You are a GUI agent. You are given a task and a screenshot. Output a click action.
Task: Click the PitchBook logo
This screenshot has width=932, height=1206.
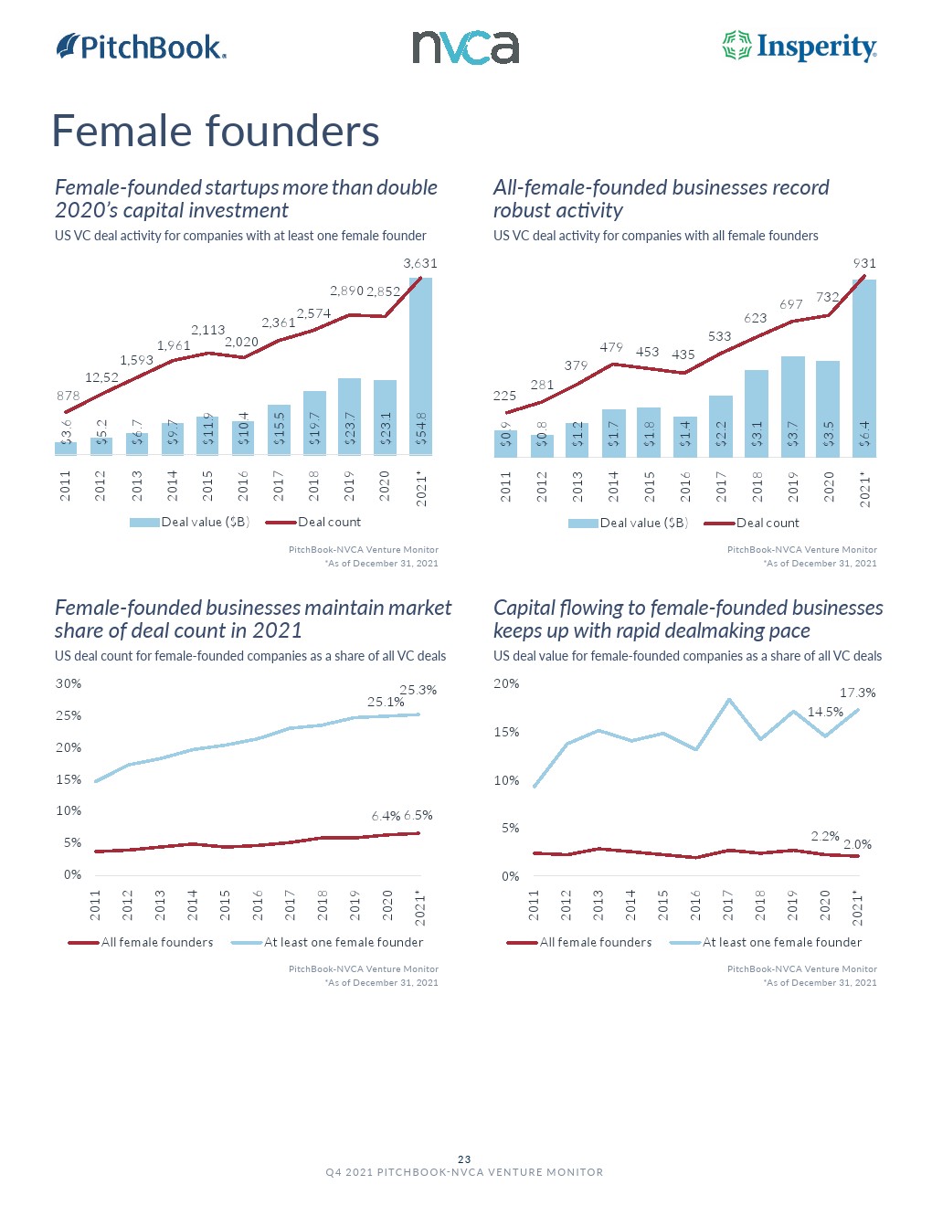coord(142,47)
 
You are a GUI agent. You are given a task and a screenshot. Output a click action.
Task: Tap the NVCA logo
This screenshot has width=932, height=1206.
coord(465,48)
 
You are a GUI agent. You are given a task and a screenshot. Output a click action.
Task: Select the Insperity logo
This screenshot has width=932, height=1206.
coord(800,47)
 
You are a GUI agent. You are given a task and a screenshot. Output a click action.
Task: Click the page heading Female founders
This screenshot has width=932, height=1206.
coord(216,131)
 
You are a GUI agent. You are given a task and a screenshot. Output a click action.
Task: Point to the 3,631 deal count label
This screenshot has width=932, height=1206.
coord(420,263)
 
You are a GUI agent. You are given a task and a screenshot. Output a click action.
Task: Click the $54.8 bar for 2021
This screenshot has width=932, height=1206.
coord(420,365)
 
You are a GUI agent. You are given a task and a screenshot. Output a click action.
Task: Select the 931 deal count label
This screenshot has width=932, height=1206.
coord(864,263)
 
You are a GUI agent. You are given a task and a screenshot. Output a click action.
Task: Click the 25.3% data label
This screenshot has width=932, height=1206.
coord(418,690)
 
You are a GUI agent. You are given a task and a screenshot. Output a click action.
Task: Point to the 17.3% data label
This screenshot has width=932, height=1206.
coord(857,693)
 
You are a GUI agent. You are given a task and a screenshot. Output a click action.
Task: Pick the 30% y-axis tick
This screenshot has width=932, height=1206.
coord(69,683)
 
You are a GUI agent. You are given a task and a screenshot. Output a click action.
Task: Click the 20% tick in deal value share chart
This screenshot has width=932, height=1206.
coord(506,683)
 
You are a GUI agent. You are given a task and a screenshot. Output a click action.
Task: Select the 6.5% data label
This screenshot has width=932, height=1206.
coord(418,815)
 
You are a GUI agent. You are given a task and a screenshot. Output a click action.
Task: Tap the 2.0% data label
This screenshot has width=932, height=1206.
coord(857,844)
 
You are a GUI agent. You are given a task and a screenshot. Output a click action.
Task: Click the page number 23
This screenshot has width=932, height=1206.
coord(464,1159)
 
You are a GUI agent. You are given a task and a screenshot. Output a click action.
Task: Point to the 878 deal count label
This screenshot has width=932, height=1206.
coord(68,396)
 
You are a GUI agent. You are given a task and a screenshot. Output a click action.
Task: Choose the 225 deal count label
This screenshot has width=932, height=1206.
coord(504,396)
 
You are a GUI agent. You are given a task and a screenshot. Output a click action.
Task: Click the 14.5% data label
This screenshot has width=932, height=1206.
coord(825,712)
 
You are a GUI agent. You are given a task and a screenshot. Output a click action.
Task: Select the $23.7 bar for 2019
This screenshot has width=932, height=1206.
coord(349,417)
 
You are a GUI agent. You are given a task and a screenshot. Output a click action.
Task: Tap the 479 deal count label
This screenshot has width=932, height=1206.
coord(611,347)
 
